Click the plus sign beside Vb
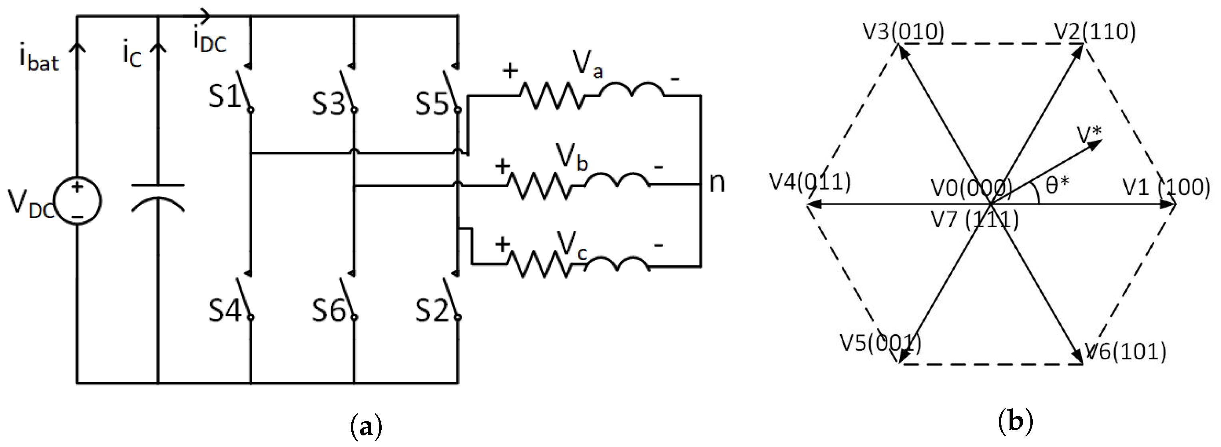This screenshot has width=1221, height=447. [503, 166]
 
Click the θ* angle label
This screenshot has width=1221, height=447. [1058, 186]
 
